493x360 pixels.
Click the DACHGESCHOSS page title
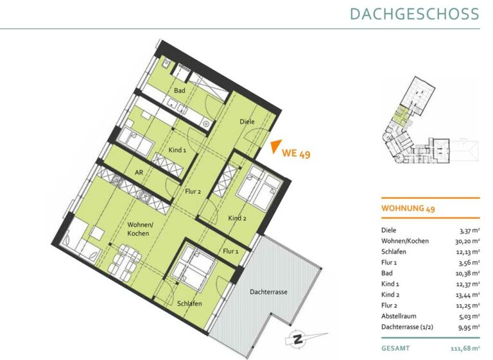tap(415, 14)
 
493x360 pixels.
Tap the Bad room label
tap(180, 90)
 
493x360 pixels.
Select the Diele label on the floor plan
tap(246, 121)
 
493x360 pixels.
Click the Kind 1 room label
tap(177, 150)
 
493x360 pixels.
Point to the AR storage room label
tap(139, 172)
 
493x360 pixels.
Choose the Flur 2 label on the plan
tap(193, 191)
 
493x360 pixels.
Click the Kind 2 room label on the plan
tap(237, 218)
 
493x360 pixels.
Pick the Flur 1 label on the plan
tap(230, 251)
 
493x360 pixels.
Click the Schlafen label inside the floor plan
tap(189, 304)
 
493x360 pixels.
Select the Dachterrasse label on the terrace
tap(268, 292)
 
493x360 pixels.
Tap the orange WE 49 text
tap(296, 153)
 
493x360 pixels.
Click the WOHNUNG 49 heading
tap(408, 208)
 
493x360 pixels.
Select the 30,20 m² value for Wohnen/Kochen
tap(467, 241)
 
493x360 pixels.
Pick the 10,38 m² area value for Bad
tap(467, 273)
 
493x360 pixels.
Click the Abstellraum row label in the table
tap(399, 316)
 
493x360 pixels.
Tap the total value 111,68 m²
tap(465, 348)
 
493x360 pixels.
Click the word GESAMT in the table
tap(395, 348)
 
